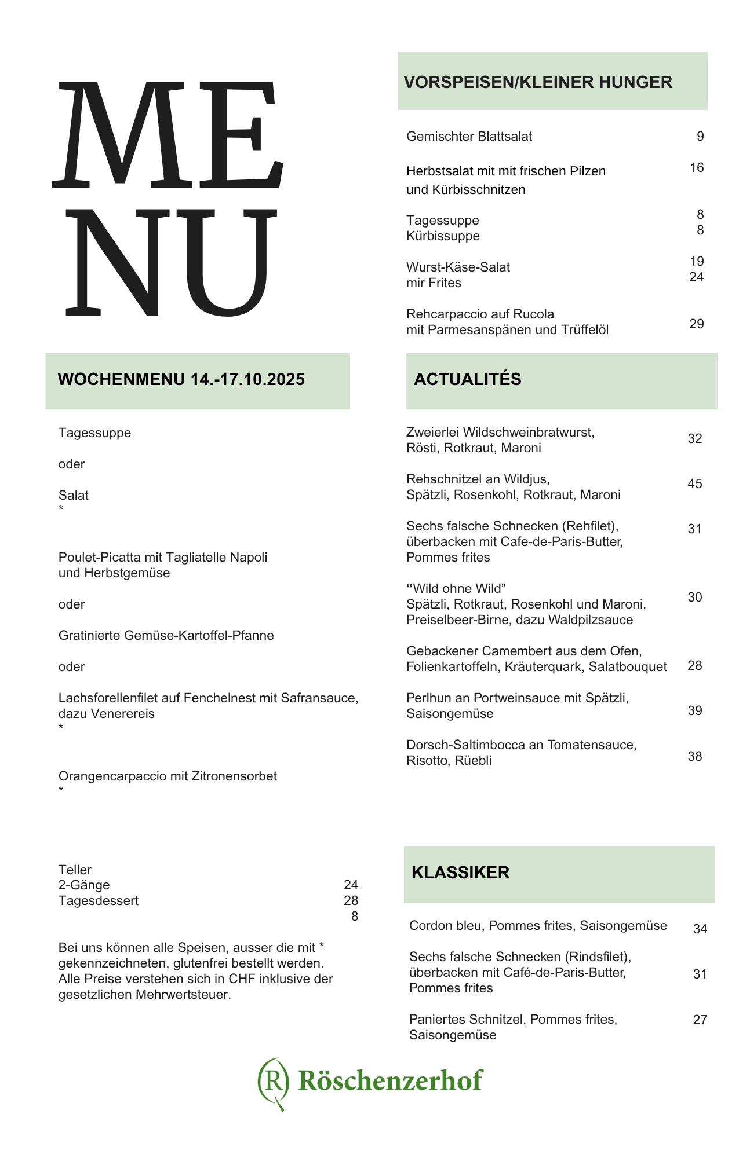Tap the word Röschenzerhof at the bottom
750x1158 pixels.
390,1080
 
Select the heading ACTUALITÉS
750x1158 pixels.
467,379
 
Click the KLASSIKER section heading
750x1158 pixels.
460,873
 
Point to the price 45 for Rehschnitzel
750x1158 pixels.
694,483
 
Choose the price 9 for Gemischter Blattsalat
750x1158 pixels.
700,136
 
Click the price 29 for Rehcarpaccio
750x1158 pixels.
696,324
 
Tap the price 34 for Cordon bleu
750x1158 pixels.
700,929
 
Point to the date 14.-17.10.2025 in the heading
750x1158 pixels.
247,379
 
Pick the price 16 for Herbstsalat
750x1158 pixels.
696,167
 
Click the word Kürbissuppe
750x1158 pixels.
443,236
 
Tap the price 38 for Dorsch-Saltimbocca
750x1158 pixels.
694,756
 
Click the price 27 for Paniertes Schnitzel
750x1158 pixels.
700,1020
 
